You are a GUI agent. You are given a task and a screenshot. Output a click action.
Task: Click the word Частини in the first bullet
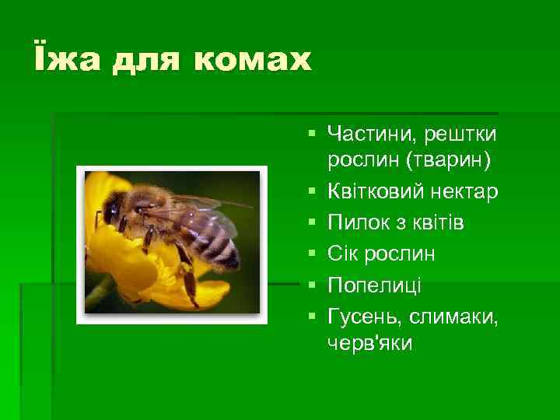pyautogui.click(x=369, y=135)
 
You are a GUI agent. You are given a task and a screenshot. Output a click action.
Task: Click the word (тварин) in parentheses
pyautogui.click(x=442, y=161)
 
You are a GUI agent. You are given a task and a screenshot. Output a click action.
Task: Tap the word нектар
pyautogui.click(x=471, y=192)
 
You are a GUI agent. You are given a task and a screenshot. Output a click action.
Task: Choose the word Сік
pyautogui.click(x=344, y=254)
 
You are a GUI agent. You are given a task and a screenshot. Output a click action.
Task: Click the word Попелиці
pyautogui.click(x=374, y=285)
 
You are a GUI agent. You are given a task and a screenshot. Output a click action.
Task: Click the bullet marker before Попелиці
pyautogui.click(x=311, y=285)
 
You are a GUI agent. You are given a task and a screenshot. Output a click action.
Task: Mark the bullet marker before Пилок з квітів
pyautogui.click(x=311, y=223)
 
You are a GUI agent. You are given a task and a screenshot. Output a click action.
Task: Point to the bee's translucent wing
pyautogui.click(x=202, y=204)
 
